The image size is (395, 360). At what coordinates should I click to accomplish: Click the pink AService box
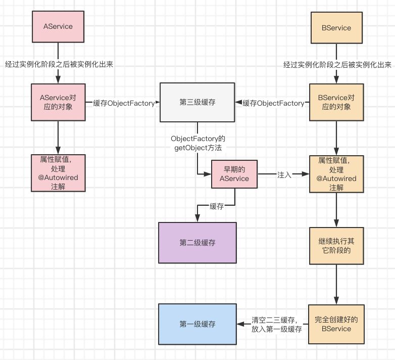59,26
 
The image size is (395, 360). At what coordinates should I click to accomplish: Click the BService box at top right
337,28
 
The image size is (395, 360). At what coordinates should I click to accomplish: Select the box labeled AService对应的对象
59,103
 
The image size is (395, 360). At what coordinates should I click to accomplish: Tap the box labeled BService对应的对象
337,103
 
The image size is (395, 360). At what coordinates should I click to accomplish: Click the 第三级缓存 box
197,103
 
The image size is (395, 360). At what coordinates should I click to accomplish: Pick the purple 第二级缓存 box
197,243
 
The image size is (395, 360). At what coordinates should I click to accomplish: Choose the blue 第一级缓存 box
197,324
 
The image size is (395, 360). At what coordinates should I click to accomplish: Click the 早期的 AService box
234,174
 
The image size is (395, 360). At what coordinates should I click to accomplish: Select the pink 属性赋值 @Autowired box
59,172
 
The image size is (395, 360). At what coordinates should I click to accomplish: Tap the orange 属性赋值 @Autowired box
337,173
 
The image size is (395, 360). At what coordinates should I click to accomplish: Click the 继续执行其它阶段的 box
337,246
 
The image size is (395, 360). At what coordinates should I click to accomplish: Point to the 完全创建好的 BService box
337,324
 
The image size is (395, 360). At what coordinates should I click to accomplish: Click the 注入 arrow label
284,174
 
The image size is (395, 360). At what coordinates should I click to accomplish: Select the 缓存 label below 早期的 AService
217,206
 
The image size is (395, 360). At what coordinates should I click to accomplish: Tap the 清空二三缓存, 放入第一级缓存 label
277,324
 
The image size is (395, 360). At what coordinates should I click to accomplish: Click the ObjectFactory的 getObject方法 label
197,143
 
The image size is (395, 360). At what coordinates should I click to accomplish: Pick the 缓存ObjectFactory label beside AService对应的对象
123,103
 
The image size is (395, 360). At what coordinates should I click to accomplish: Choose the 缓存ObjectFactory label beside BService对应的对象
273,103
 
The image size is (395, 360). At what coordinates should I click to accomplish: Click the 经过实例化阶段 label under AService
59,65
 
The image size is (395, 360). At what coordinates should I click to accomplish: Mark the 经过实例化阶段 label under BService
337,65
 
